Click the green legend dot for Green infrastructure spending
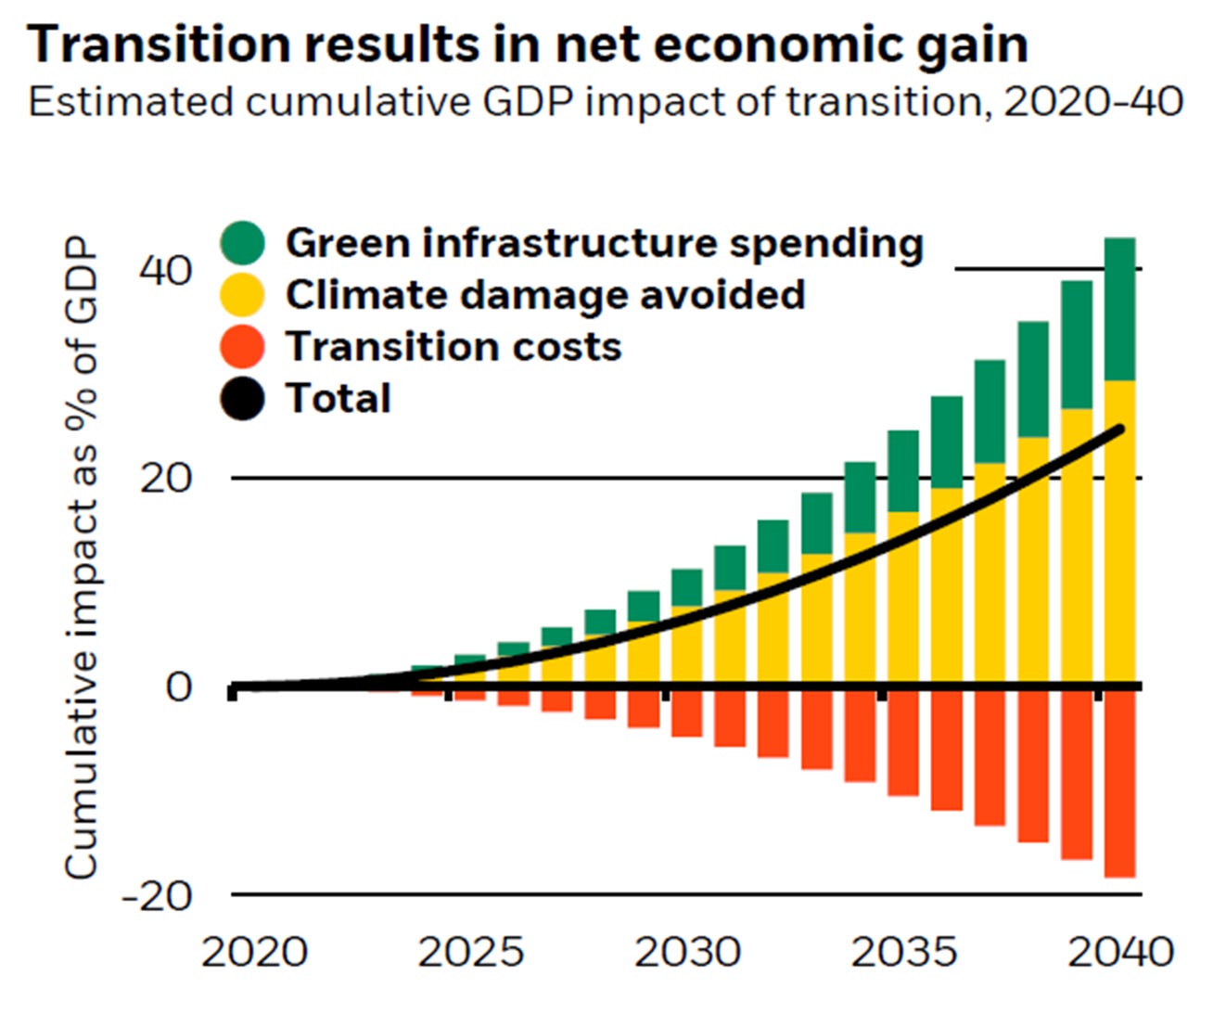point(243,243)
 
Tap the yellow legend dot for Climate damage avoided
point(243,295)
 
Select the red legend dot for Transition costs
point(243,347)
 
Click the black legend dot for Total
point(243,399)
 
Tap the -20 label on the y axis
point(157,895)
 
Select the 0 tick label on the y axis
point(179,687)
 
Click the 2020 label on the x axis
point(254,952)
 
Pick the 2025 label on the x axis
point(470,952)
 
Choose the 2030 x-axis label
point(687,952)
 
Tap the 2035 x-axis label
point(904,952)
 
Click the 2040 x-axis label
point(1120,952)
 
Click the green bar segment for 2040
point(1119,309)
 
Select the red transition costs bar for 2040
point(1119,784)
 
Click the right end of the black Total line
point(1120,430)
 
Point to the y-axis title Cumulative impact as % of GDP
point(81,557)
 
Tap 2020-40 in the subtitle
point(1092,101)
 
